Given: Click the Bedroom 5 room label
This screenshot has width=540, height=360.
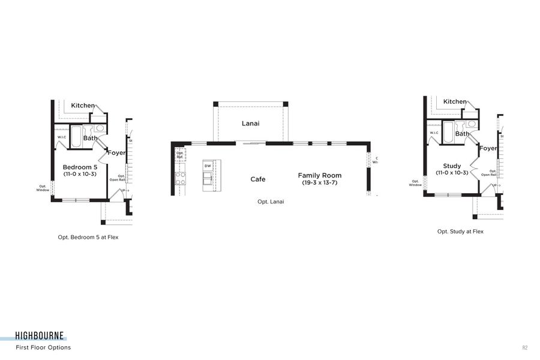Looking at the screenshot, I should [x=80, y=167].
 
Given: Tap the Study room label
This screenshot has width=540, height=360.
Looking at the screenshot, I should [x=452, y=166].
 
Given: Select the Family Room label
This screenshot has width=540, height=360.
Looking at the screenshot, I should [x=319, y=176].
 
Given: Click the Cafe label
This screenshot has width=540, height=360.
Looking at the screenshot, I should [x=257, y=179].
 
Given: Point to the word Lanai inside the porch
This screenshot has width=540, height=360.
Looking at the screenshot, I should [x=250, y=124].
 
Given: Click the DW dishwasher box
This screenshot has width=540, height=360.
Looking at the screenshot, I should [x=208, y=166].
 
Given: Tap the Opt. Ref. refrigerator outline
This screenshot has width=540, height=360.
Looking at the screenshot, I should [x=179, y=155].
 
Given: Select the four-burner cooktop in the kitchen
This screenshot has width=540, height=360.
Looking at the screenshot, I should [x=180, y=178].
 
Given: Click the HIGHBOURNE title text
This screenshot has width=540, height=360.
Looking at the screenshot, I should [x=41, y=337].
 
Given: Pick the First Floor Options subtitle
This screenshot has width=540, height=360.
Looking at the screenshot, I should [x=43, y=347].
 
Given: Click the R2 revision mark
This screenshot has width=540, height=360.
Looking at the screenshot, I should [x=524, y=347].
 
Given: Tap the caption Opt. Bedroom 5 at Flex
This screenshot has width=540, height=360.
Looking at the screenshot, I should [x=92, y=237].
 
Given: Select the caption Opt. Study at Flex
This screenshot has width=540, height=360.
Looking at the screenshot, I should [x=460, y=231].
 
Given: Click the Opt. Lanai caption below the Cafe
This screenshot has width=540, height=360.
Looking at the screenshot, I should [x=271, y=202].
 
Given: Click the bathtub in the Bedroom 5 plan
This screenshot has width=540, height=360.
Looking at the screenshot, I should [x=77, y=136].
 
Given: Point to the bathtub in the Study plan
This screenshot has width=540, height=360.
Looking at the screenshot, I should [x=448, y=133].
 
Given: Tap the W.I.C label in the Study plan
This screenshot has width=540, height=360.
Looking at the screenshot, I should [x=434, y=133].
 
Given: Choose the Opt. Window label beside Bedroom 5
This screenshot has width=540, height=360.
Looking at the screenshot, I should [x=43, y=188].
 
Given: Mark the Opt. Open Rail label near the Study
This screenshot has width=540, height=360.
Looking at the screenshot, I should [x=493, y=173].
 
